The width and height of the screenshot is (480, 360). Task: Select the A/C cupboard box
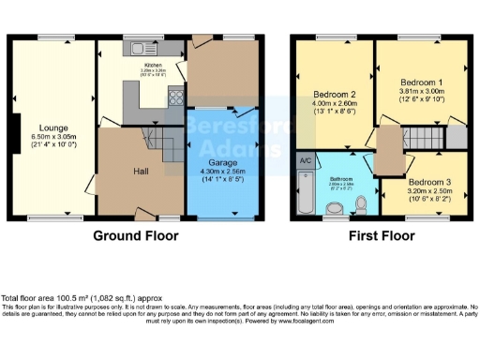pyautogui.click(x=305, y=160)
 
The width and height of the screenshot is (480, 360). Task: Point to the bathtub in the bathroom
pyautogui.click(x=304, y=194)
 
